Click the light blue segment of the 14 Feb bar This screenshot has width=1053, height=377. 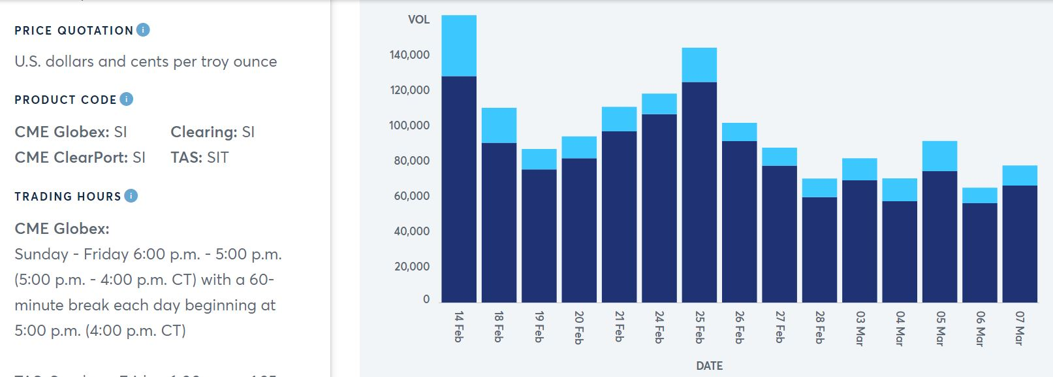coord(458,46)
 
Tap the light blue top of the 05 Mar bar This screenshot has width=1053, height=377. coord(939,156)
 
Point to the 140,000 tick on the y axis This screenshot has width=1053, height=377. coord(410,55)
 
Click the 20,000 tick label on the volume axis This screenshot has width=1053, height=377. coord(412,267)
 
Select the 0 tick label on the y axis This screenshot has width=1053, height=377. coord(426,299)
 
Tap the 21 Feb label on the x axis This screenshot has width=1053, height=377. coord(619,326)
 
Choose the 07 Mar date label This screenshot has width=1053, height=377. coord(1019,327)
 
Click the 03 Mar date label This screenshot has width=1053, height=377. coord(859,327)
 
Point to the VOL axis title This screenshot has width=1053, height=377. coord(418,20)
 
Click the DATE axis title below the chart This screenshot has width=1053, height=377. coord(709,366)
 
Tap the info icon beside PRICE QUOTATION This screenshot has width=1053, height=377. coord(143,29)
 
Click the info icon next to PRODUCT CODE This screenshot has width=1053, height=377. coord(127,99)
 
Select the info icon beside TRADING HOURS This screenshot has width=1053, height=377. coord(131,195)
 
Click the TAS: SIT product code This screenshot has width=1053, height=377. coord(199,157)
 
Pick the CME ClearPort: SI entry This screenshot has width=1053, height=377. coord(80,157)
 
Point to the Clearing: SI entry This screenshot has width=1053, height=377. coord(212,132)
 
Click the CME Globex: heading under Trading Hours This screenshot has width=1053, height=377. coord(62,229)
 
